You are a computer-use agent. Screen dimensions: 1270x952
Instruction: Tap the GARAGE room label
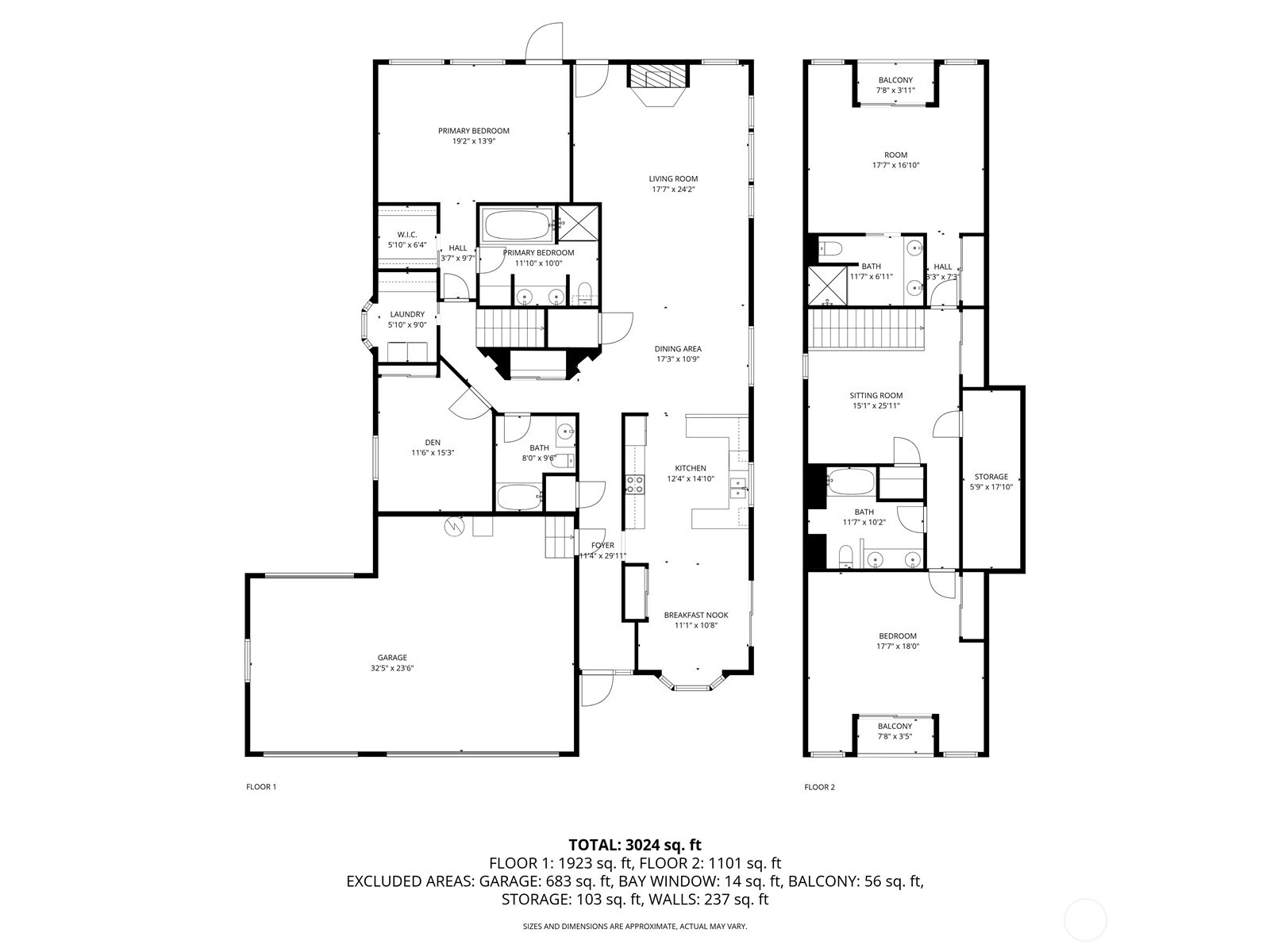[392, 657]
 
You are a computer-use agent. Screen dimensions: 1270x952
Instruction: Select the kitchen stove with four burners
[635, 485]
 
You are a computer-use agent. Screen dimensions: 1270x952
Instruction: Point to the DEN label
[433, 443]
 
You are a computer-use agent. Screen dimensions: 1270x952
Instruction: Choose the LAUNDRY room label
[407, 314]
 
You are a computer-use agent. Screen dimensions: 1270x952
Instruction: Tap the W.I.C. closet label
[407, 235]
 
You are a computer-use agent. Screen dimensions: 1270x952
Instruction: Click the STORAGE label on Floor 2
[991, 477]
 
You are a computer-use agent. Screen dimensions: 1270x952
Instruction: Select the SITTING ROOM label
[876, 395]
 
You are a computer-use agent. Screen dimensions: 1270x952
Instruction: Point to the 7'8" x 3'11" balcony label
[895, 90]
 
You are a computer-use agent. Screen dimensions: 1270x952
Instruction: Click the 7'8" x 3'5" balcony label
[895, 736]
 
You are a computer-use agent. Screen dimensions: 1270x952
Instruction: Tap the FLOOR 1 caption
[261, 787]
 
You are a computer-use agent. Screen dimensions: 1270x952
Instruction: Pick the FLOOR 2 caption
[820, 787]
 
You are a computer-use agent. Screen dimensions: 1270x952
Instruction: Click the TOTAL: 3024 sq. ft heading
[635, 845]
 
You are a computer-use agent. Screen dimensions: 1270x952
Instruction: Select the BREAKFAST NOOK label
[696, 615]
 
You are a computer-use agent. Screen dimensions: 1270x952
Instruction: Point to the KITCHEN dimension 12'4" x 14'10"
[691, 478]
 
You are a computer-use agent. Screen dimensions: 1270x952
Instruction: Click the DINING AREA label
[678, 348]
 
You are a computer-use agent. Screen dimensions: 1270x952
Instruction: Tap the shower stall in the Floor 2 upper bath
[828, 286]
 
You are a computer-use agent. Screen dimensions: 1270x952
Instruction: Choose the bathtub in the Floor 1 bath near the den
[520, 497]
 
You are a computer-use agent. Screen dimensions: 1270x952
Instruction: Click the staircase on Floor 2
[866, 329]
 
